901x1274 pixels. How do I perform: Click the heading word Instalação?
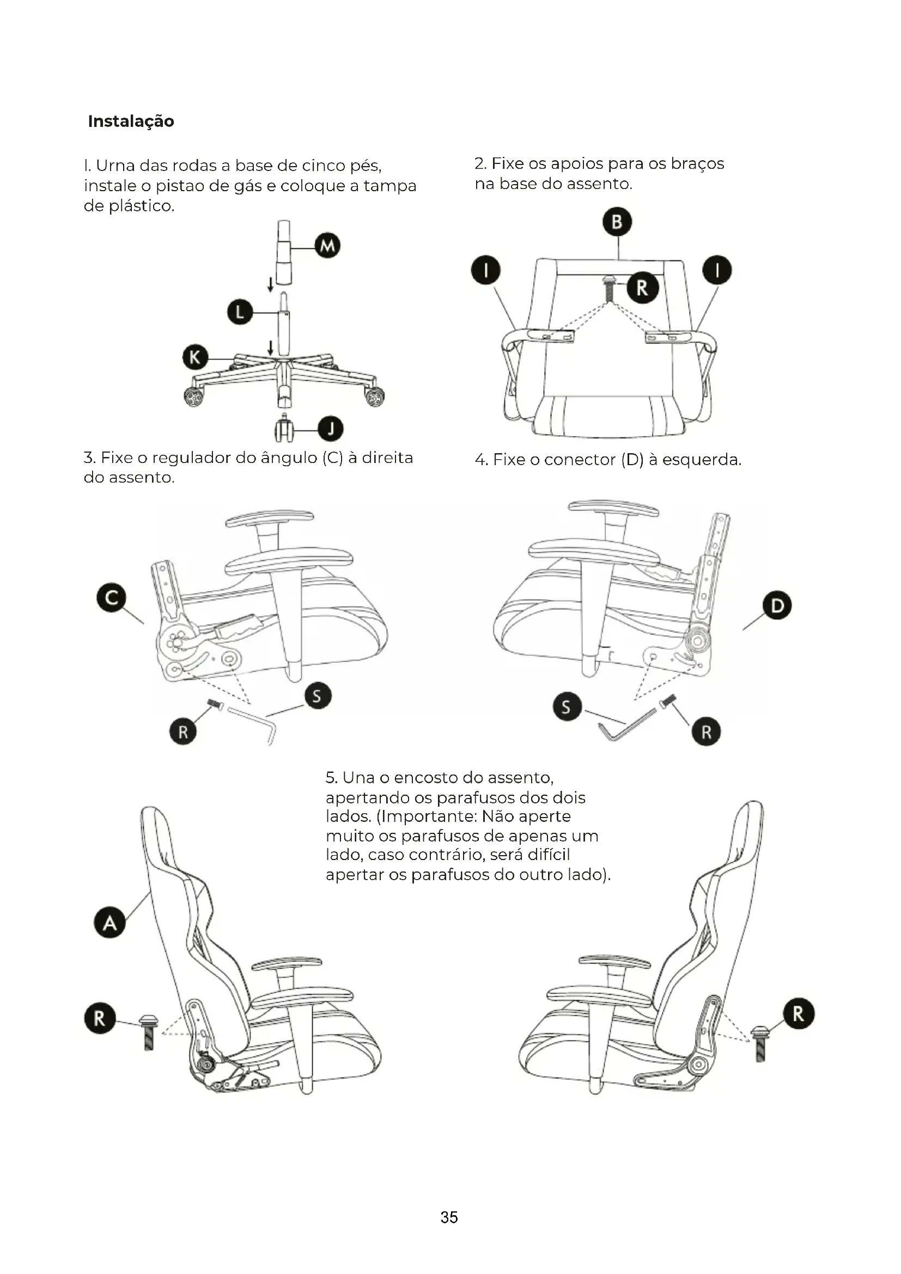coord(131,121)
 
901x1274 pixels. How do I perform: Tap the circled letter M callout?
coord(327,246)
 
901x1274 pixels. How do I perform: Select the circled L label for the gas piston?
coord(240,313)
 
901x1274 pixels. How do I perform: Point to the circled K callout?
coord(196,357)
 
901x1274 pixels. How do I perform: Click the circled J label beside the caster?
coord(331,428)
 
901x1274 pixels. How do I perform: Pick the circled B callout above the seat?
coord(617,222)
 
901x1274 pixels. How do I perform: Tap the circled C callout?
coord(111,598)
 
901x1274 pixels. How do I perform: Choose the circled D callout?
coord(777,605)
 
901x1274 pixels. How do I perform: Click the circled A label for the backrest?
coord(110,922)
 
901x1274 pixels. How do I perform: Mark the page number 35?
coord(449,1217)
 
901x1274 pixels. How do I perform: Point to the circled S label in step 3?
coord(318,696)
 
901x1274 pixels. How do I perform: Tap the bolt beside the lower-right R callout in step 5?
coord(760,1044)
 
